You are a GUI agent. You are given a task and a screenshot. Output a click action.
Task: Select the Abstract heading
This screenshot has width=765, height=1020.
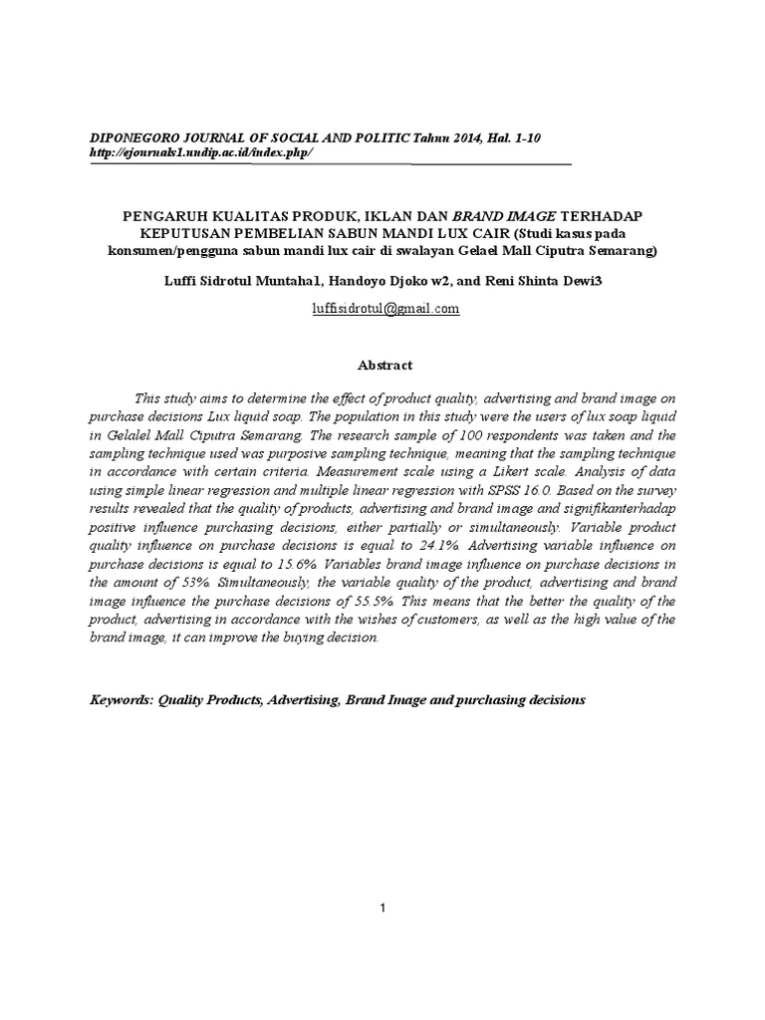pyautogui.click(x=382, y=366)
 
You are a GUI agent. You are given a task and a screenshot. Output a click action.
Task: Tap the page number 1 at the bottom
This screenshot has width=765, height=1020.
pyautogui.click(x=382, y=907)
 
